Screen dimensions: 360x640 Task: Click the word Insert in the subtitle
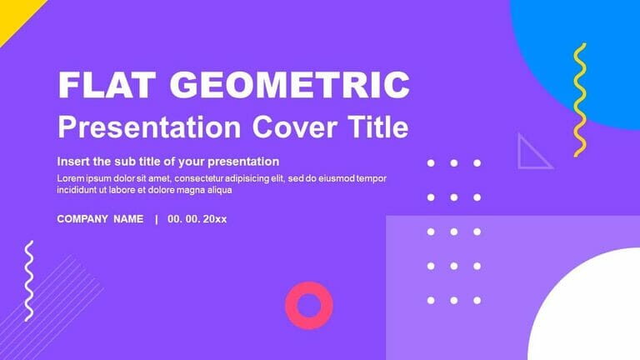tap(73, 162)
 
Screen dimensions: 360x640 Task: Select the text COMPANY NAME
tap(100, 219)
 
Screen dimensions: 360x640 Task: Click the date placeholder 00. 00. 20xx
tap(197, 219)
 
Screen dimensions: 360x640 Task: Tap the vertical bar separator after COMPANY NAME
tap(156, 219)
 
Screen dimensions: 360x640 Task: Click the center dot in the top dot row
tap(454, 163)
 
